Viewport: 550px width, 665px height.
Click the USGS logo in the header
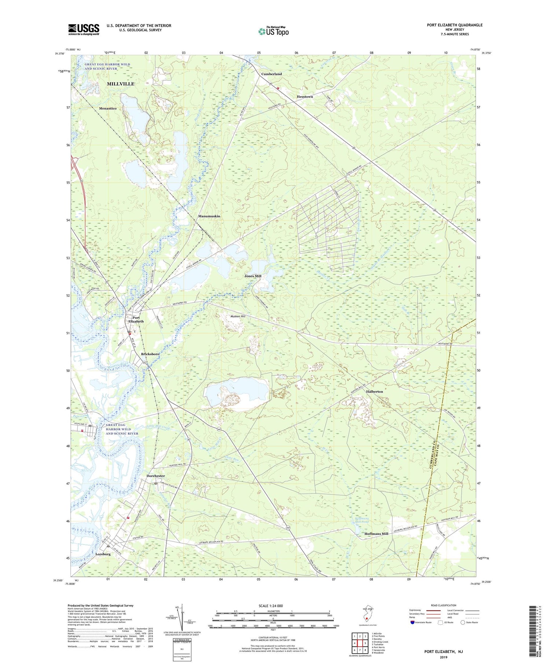pyautogui.click(x=84, y=29)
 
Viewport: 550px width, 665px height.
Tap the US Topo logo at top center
pyautogui.click(x=273, y=31)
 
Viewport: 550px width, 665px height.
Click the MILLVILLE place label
pyautogui.click(x=121, y=84)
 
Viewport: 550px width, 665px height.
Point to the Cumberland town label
pyautogui.click(x=271, y=74)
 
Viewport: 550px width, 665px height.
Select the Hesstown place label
pyautogui.click(x=305, y=96)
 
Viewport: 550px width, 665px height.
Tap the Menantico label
pyautogui.click(x=108, y=109)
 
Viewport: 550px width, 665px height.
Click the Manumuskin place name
pyautogui.click(x=209, y=216)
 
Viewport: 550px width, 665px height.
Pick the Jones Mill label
pyautogui.click(x=253, y=276)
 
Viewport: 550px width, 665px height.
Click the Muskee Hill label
pyautogui.click(x=238, y=316)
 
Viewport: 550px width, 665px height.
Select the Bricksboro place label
pyautogui.click(x=150, y=354)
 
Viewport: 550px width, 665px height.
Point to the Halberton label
pyautogui.click(x=374, y=391)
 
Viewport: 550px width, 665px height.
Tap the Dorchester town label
pyautogui.click(x=155, y=476)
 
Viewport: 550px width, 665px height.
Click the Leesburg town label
pyautogui.click(x=103, y=554)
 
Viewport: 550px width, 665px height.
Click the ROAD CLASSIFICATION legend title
pyautogui.click(x=444, y=605)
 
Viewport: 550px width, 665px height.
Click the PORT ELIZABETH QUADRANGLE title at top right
pyautogui.click(x=454, y=25)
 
